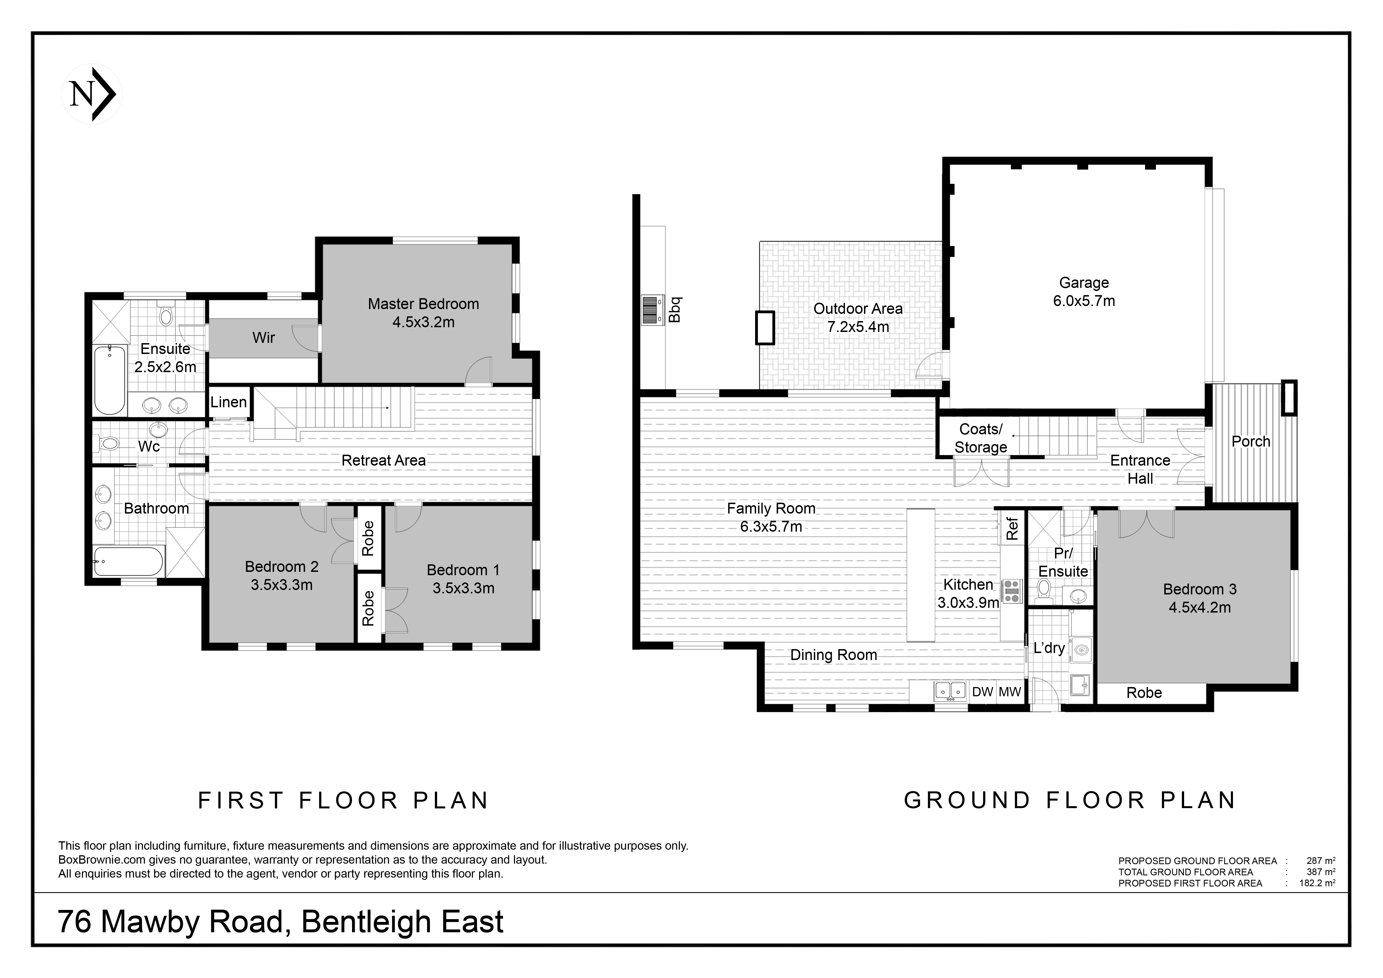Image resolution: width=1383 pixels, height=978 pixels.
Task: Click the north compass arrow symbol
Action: click(91, 94)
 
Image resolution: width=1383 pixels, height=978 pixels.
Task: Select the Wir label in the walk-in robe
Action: click(264, 338)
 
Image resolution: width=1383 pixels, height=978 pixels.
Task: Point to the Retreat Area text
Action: click(384, 461)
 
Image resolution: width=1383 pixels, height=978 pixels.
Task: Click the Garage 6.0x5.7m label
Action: click(1084, 292)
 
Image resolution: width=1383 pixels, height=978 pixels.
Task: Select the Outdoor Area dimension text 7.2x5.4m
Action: click(858, 327)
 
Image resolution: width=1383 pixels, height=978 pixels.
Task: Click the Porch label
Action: click(1251, 441)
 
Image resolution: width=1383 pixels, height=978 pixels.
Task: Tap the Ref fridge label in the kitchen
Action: click(1013, 528)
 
